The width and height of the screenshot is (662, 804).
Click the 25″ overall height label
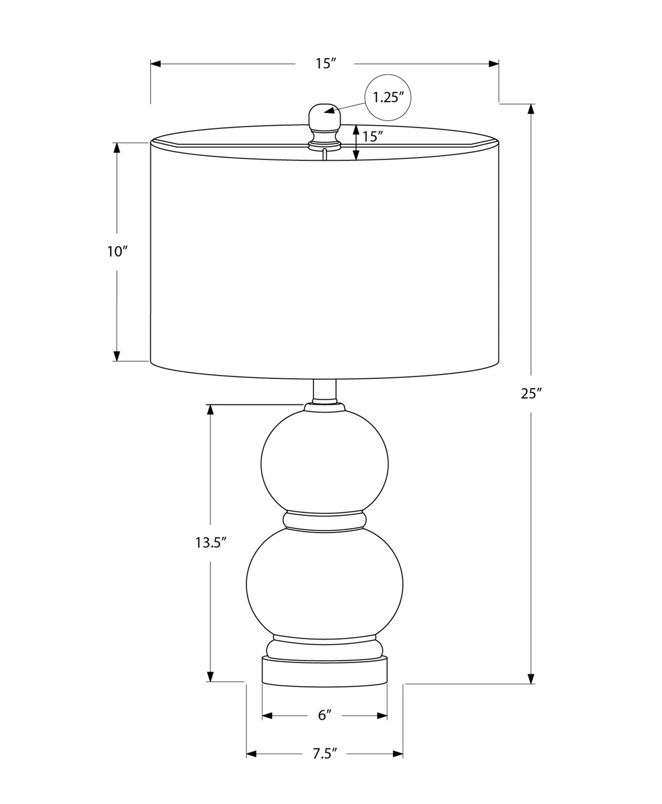tap(531, 394)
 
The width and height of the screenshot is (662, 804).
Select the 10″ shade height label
tap(117, 252)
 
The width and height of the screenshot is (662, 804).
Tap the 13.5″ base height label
tap(210, 543)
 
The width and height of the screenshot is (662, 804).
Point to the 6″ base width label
tap(324, 716)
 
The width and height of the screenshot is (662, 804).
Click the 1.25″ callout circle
tap(388, 98)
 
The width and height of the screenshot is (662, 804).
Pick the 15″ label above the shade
tap(326, 63)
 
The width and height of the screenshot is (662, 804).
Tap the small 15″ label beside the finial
tap(372, 136)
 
